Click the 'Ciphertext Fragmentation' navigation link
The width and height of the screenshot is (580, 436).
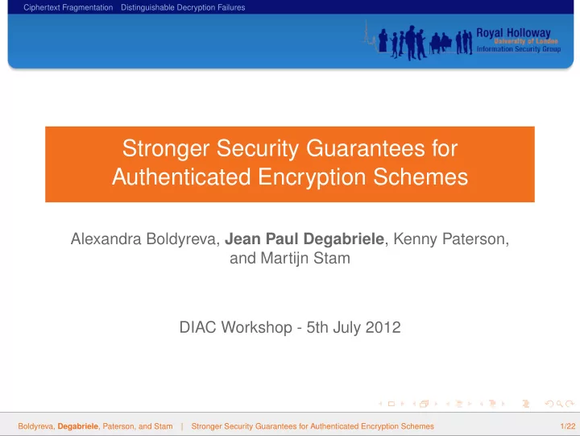[x=68, y=7]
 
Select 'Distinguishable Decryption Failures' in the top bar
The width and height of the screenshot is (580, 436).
[x=183, y=7]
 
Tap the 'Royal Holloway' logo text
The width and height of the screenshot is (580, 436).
[x=513, y=33]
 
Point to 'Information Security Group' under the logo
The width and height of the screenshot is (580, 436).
[x=519, y=49]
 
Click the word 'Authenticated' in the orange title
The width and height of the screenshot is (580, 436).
[x=181, y=176]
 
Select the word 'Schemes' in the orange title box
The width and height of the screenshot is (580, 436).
[x=420, y=176]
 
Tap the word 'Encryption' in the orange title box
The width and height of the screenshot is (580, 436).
[x=312, y=177]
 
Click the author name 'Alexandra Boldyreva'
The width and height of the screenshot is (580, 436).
[x=145, y=239]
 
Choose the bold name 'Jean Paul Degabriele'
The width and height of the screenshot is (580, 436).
[x=304, y=239]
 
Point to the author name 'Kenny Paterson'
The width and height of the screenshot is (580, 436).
[x=450, y=239]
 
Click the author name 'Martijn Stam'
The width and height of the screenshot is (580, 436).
[x=305, y=259]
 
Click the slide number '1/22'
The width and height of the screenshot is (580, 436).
[x=568, y=426]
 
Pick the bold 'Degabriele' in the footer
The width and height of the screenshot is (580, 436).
[x=78, y=426]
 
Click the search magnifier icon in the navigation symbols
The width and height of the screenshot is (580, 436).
[x=559, y=404]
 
